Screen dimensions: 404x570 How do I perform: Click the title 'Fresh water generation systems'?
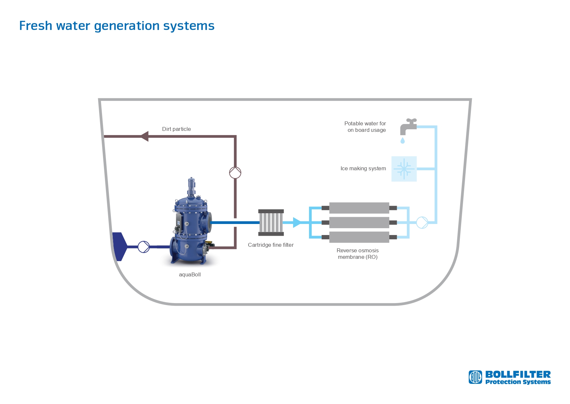[x=117, y=26]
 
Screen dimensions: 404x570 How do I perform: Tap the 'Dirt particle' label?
[x=176, y=129]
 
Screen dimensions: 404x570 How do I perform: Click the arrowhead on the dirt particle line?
[x=145, y=136]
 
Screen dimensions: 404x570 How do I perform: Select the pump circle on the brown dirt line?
[x=235, y=173]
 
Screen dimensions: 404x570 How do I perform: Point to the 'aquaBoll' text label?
[x=190, y=274]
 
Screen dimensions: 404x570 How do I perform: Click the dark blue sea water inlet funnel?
[x=119, y=246]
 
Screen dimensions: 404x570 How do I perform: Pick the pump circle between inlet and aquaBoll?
[x=144, y=247]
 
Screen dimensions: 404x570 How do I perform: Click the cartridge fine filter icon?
[x=271, y=222]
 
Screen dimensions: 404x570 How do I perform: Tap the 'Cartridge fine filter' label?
[x=271, y=245]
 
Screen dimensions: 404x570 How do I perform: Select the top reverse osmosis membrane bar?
[x=359, y=208]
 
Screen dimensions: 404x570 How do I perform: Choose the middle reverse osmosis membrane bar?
[x=359, y=222]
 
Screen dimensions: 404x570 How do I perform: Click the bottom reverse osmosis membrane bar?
[x=359, y=237]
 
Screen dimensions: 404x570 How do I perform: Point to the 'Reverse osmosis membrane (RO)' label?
[x=357, y=254]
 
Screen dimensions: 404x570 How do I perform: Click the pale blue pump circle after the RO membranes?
[x=422, y=222]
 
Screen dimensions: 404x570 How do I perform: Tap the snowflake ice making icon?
[x=404, y=169]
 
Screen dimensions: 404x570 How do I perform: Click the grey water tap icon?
[x=408, y=126]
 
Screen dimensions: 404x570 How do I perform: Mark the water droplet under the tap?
[x=403, y=141]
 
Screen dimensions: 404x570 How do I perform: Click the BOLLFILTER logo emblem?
[x=475, y=377]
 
